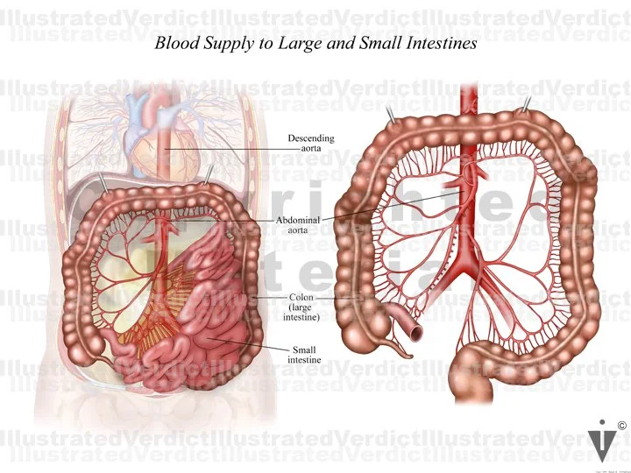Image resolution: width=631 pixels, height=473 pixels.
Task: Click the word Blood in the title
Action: coord(174,43)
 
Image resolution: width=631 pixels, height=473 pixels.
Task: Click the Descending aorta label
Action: coord(310,145)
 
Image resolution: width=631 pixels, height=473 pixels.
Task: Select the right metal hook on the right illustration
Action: coord(526,106)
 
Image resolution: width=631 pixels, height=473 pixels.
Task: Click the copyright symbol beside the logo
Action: coord(621,427)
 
